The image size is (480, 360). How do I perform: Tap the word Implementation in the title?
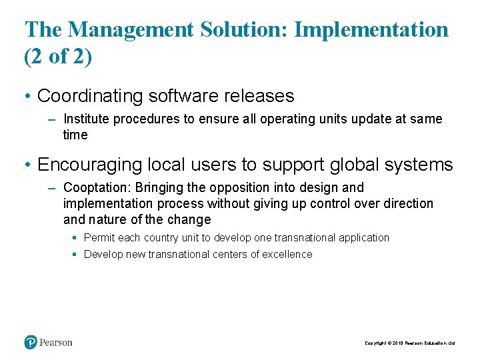pos(371,29)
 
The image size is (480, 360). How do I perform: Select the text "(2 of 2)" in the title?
pos(58,57)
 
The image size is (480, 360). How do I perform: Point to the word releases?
pos(262,96)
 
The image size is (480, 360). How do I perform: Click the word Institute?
pos(86,119)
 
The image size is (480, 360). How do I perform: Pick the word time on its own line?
pos(75,135)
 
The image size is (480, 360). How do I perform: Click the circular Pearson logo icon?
pos(31,342)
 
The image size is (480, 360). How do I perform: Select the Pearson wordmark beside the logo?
pos(55,342)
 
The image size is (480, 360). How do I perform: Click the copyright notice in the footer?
pos(409,343)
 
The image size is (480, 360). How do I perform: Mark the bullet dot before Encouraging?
pos(27,165)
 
